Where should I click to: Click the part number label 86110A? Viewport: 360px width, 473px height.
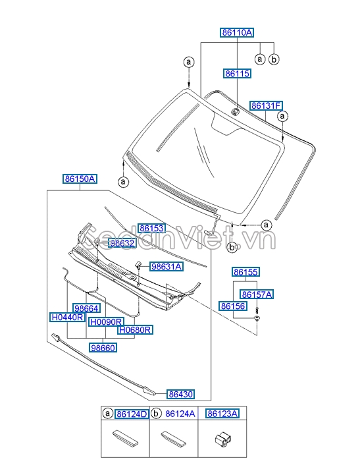click(236, 32)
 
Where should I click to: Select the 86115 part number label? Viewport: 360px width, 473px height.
click(236, 74)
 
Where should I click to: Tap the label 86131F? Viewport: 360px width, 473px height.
click(266, 105)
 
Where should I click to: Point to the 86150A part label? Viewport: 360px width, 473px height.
click(80, 179)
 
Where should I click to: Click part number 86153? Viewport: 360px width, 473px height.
click(151, 228)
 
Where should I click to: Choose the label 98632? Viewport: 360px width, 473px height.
click(122, 243)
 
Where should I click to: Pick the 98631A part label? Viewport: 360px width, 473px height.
click(167, 267)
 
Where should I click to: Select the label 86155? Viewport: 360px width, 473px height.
click(245, 271)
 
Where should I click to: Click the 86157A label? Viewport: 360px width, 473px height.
click(257, 294)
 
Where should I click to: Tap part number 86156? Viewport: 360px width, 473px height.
click(233, 306)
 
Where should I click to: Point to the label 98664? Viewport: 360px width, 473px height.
click(86, 308)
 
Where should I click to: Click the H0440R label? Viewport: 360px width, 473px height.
click(67, 317)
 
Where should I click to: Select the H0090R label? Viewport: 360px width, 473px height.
click(106, 322)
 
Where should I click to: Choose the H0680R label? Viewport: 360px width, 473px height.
click(135, 329)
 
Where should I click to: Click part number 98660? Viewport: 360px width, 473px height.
click(104, 347)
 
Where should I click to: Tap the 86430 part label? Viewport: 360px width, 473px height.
click(180, 394)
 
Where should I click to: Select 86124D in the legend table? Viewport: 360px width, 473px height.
click(132, 414)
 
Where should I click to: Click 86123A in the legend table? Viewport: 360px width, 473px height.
click(222, 414)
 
